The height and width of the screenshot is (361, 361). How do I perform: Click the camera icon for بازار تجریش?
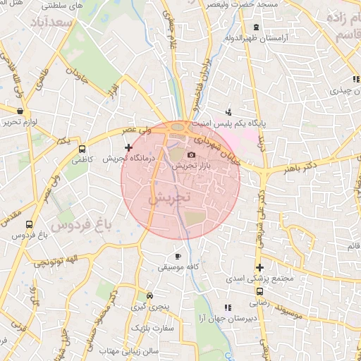(190, 155)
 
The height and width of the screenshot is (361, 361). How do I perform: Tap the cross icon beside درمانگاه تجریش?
(128, 147)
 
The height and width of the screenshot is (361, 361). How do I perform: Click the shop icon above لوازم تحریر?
(19, 111)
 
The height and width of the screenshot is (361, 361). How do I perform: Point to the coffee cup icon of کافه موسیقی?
(178, 256)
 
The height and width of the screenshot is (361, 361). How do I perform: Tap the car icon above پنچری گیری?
(149, 296)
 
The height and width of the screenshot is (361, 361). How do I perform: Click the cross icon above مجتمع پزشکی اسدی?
(260, 267)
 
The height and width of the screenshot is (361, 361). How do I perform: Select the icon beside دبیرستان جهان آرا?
(227, 307)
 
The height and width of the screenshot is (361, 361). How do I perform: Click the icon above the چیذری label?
(356, 79)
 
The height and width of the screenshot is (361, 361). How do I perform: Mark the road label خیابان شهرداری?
(215, 145)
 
